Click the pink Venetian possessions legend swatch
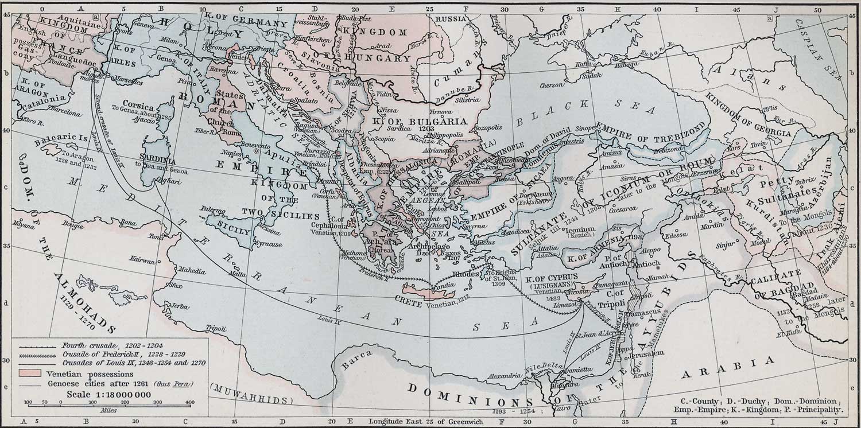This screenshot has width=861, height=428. click(x=30, y=373)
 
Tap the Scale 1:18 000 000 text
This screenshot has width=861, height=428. click(x=108, y=394)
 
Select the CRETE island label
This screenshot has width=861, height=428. click(x=409, y=300)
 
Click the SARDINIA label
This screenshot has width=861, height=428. click(x=154, y=155)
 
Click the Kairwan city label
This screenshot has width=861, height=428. click(x=142, y=260)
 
